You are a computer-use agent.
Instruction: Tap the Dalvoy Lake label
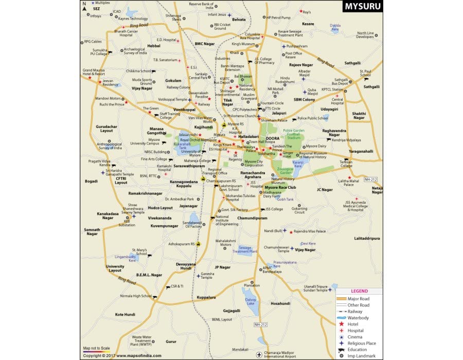[x=251, y=301]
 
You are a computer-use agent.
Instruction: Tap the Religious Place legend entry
[x=362, y=343]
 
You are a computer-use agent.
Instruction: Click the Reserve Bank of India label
[x=201, y=6]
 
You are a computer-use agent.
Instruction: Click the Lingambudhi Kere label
[x=125, y=258]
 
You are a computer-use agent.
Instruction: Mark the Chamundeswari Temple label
[x=277, y=249]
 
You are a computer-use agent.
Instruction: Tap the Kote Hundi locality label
[x=125, y=314]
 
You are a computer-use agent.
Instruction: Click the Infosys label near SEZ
[x=96, y=16]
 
